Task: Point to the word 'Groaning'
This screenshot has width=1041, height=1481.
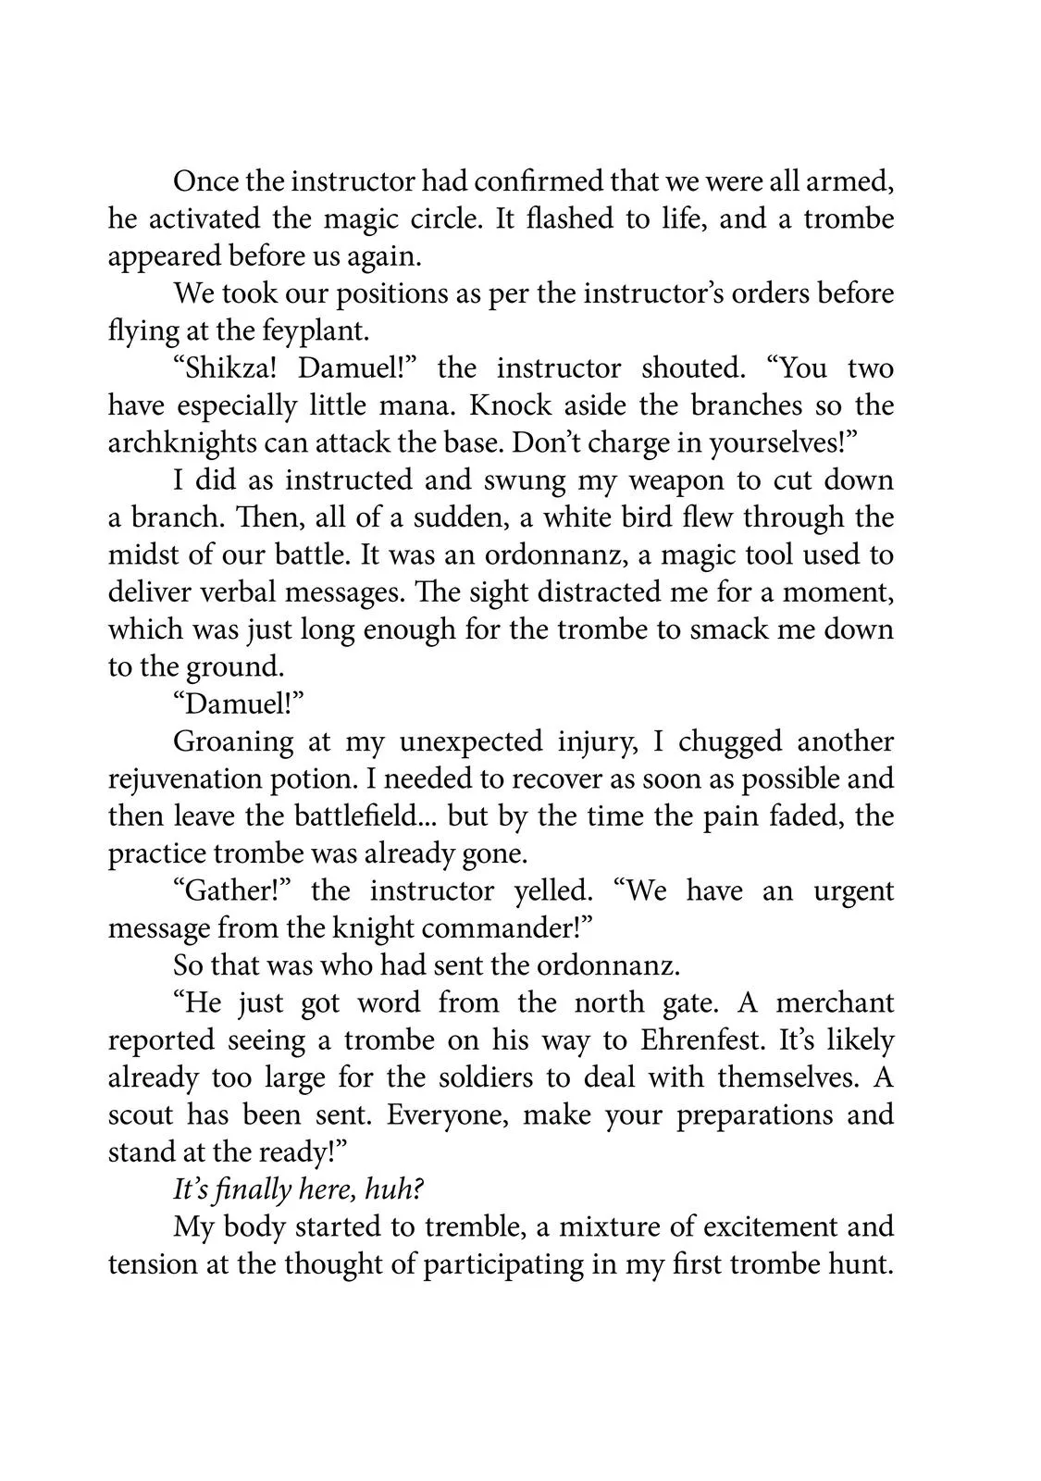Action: (233, 741)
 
